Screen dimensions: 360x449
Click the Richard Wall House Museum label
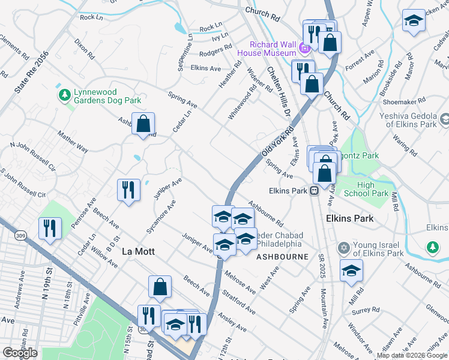pos(274,49)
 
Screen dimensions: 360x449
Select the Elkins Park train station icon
pos(314,191)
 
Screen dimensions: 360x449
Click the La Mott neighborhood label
pos(138,251)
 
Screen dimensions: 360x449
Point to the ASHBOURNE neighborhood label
pos(282,256)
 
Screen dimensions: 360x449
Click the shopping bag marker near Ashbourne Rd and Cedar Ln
pos(143,124)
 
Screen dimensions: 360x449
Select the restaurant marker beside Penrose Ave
pos(128,190)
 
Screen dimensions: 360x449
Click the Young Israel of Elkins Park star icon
pos(344,248)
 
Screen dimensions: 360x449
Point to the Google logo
pos(20,353)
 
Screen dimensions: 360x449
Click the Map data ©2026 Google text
pos(412,355)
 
